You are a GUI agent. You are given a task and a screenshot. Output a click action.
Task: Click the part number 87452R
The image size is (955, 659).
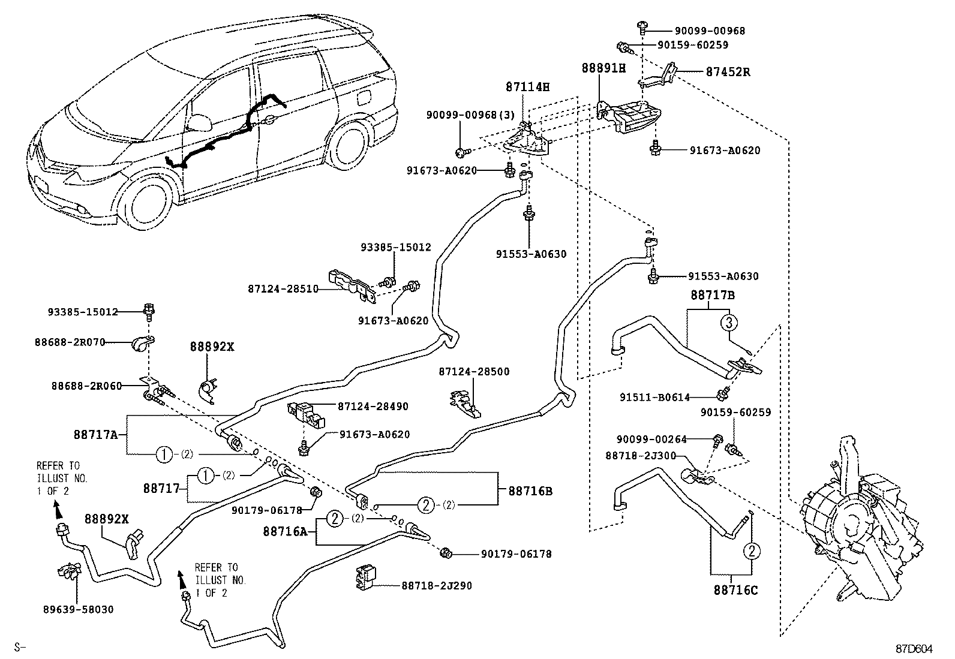click(x=727, y=72)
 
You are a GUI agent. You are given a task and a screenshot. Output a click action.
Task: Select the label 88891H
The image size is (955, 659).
click(x=603, y=68)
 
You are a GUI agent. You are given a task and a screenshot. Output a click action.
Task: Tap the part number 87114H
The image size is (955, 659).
click(x=527, y=87)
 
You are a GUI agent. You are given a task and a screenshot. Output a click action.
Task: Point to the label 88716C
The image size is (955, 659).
click(x=735, y=591)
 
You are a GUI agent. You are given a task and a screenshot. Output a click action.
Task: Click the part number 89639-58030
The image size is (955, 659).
click(x=78, y=609)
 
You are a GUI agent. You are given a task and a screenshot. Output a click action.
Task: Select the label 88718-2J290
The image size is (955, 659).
click(x=436, y=585)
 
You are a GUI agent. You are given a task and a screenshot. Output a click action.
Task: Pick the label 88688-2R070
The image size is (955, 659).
click(x=70, y=342)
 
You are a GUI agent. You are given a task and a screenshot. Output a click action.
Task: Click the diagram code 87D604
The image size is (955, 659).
click(x=914, y=648)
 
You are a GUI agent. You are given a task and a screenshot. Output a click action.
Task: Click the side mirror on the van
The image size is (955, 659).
click(x=201, y=123)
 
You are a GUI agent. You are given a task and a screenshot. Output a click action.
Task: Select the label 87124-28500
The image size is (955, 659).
click(x=474, y=372)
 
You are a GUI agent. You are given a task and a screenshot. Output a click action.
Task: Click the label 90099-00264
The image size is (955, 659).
click(x=651, y=440)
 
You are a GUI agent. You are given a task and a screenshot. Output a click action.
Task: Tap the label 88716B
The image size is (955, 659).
click(x=530, y=491)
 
